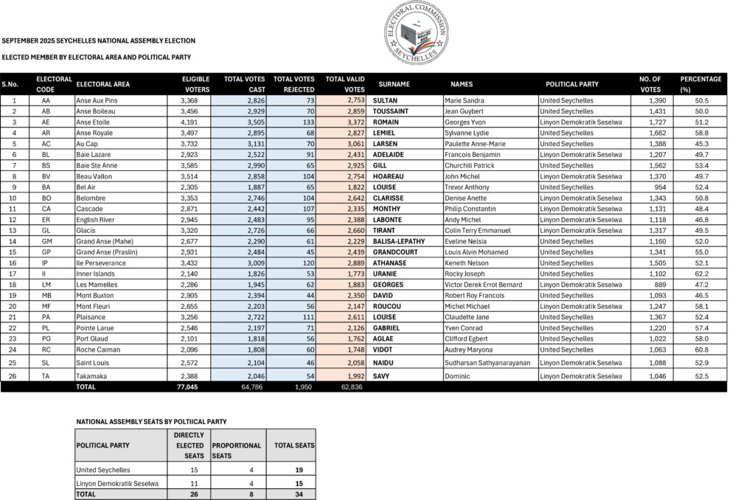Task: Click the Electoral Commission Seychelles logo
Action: click(416, 32)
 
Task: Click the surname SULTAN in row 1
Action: click(386, 100)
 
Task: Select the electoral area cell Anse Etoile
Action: click(94, 122)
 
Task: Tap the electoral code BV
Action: click(46, 176)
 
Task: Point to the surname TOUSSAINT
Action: click(393, 111)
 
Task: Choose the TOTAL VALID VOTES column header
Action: click(345, 84)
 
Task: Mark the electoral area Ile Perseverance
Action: click(100, 263)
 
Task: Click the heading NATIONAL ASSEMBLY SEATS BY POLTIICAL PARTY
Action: click(151, 422)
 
